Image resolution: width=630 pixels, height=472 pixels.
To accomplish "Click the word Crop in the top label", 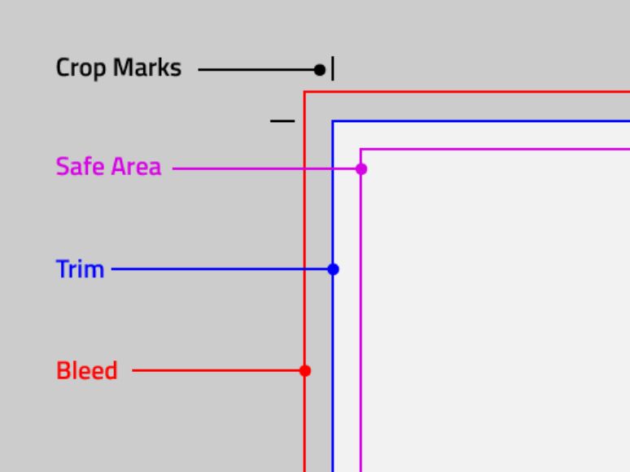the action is coord(81,68).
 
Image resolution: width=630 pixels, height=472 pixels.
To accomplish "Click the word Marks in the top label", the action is coord(147,67).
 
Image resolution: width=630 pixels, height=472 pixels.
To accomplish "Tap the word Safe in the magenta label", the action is coord(81,166).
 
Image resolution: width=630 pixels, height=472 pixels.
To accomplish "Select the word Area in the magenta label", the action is coord(136,166).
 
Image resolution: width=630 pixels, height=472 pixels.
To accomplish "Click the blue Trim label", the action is coord(80,269).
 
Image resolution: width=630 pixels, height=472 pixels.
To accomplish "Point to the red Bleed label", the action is coord(87,370).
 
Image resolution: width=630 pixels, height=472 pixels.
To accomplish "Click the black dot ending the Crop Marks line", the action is coord(319,70).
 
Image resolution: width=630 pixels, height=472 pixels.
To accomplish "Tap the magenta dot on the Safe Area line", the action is coord(361,169).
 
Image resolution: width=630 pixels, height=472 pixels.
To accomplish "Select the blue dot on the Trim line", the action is coord(333,269).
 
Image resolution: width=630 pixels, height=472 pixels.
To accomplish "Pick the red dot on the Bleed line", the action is coord(305,371).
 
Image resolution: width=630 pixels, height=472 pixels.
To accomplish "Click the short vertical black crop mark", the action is coord(333,68).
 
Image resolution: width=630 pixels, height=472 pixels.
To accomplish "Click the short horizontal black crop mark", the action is coord(282,120).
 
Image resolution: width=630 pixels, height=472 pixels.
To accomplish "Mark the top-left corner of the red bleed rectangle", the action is coord(305,93).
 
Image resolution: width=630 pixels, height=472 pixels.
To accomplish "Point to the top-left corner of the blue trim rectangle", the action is coord(333,121).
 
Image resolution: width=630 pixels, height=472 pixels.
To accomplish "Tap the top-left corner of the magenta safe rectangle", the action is coord(361,150).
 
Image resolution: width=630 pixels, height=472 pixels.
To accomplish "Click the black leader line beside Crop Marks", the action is coord(257,70).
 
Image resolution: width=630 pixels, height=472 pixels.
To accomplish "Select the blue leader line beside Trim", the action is coord(220,269).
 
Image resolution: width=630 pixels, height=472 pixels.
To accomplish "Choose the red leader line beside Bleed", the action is coord(217,371).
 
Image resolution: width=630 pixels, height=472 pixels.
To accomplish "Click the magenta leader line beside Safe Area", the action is coord(265,169).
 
